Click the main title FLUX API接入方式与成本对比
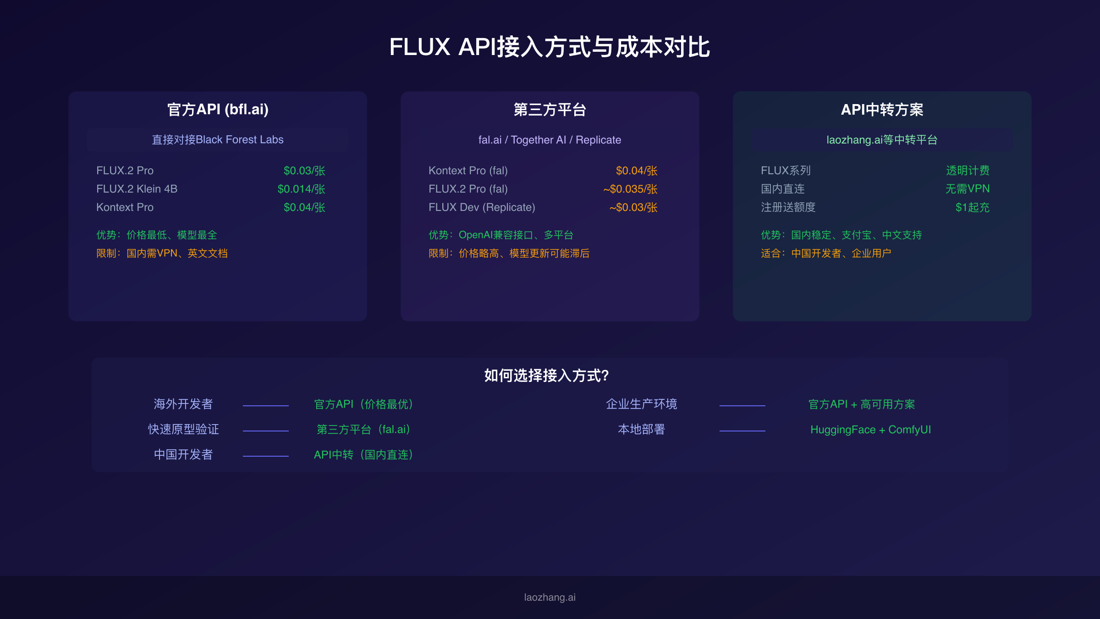(550, 47)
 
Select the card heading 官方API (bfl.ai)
(218, 110)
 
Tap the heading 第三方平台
(550, 110)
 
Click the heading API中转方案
(882, 110)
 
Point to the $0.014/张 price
(301, 189)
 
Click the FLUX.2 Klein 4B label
(137, 189)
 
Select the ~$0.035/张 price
(630, 189)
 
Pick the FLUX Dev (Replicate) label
(482, 207)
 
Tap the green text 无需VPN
(967, 189)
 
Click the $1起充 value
(972, 207)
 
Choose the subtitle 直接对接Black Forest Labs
(218, 140)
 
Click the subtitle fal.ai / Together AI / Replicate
(550, 140)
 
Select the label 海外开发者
(183, 404)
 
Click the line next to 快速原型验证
(266, 431)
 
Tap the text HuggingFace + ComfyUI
(870, 430)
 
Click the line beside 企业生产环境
(742, 405)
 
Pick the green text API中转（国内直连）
(363, 455)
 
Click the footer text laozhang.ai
(550, 597)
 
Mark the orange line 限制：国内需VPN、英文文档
(162, 253)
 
